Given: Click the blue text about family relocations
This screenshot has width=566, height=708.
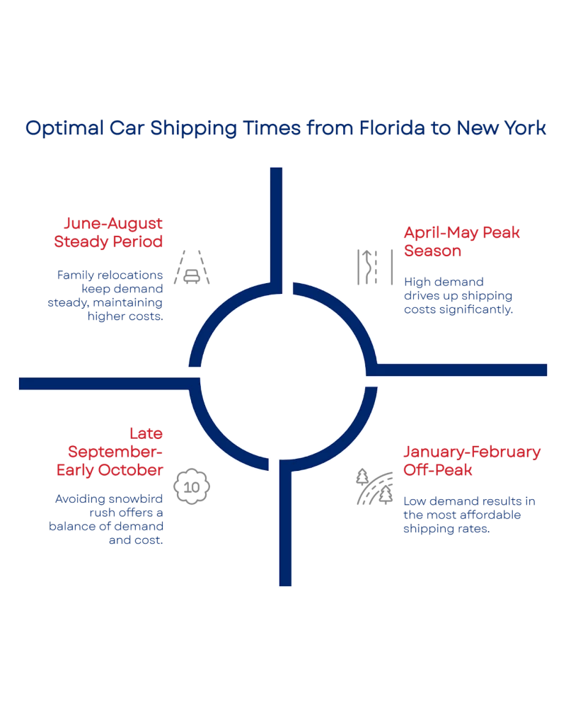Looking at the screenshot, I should [110, 295].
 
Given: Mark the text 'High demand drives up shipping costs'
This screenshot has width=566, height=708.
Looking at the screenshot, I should [457, 295].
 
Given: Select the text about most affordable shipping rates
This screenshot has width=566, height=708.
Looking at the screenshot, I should [470, 515].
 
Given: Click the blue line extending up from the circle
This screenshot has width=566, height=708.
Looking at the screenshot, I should [277, 219].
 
